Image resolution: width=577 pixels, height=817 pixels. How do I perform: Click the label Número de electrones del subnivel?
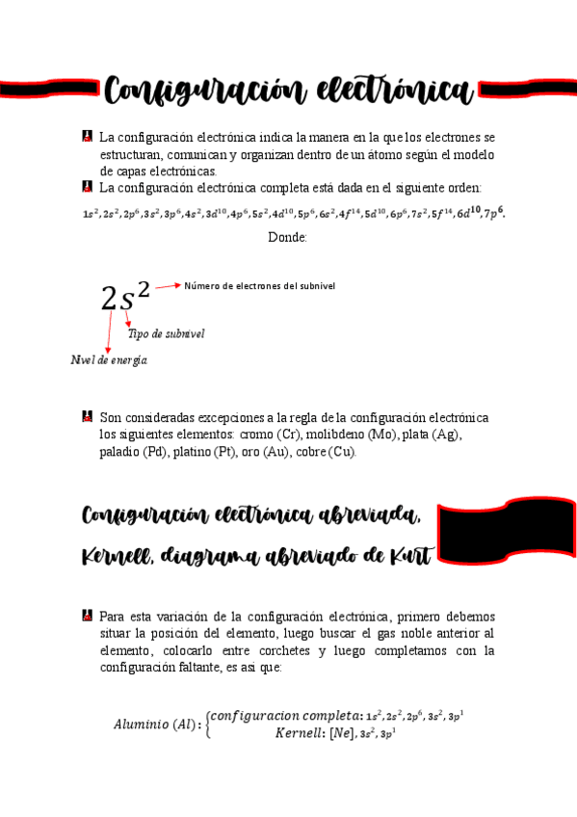pos(260,286)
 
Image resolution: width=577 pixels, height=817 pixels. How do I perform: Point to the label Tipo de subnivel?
pos(166,333)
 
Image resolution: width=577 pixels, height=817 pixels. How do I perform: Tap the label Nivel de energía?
pos(109,359)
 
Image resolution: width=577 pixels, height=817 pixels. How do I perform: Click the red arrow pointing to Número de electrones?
pos(168,286)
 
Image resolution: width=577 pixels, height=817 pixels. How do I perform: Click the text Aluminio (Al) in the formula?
pos(158,725)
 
